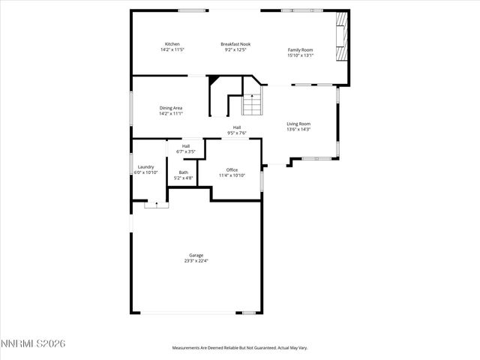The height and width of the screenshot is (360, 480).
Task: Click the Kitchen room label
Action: [x=172, y=44]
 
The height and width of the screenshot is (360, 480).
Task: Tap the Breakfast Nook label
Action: [x=235, y=44]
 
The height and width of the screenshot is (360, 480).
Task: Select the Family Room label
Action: [x=301, y=49]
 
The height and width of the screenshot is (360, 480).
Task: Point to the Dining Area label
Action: [x=171, y=108]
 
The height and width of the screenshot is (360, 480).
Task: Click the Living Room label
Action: [x=298, y=124]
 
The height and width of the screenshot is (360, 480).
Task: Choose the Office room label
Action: [x=232, y=170]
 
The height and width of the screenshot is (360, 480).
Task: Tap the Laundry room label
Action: [x=145, y=167]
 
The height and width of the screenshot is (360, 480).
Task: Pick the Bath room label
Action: [x=184, y=172]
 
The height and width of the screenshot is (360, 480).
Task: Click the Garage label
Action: [x=196, y=255]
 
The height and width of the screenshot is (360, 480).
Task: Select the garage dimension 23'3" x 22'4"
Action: [x=196, y=261]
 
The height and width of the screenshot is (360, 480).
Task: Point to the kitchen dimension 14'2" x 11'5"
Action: [x=172, y=49]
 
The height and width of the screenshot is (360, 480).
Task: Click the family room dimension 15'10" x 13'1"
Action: [x=301, y=55]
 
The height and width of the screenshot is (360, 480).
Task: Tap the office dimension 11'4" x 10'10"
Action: [x=232, y=175]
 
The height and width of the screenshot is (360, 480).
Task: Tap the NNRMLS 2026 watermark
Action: [x=33, y=344]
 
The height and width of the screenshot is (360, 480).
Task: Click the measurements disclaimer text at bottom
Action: [x=240, y=348]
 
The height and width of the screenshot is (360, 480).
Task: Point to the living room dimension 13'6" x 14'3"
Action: [x=298, y=129]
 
